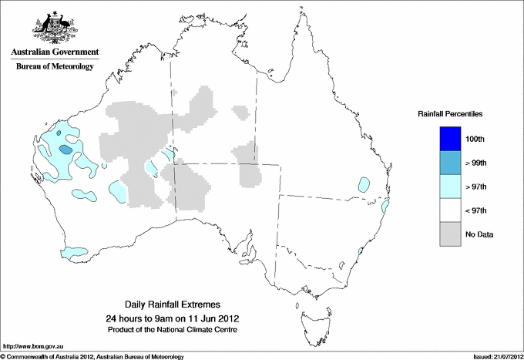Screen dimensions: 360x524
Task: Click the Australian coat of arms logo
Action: (x=54, y=27)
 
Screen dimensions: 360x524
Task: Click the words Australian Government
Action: (x=54, y=52)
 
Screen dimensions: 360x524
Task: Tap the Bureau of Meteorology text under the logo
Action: (x=54, y=67)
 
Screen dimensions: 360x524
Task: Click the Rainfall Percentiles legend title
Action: (x=450, y=114)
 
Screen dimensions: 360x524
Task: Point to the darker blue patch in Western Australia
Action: (x=67, y=149)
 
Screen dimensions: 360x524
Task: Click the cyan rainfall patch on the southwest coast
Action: (x=76, y=251)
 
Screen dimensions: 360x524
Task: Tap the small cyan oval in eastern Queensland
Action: (x=362, y=184)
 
